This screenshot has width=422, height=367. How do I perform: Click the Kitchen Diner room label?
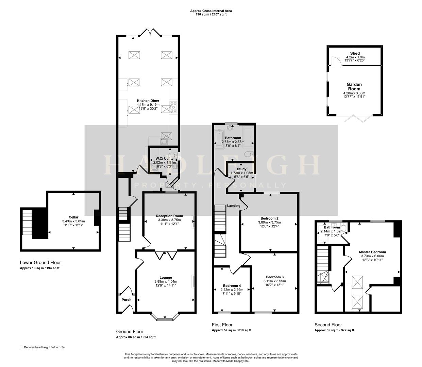tap(148, 101)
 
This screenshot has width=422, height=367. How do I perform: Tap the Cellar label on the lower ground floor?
tap(73, 217)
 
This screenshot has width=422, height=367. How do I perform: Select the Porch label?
tap(126, 300)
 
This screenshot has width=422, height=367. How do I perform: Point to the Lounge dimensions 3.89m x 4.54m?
tap(166, 281)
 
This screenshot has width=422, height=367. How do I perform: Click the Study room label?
tap(241, 169)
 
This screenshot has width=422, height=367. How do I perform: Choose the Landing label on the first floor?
tap(234, 206)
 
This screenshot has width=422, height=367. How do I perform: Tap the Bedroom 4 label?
tap(232, 285)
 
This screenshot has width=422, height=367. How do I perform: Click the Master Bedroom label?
tap(372, 252)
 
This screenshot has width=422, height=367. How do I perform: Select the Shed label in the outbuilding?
tap(355, 53)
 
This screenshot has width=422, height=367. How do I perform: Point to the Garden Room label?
tap(354, 87)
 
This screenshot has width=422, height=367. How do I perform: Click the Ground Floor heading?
tap(130, 332)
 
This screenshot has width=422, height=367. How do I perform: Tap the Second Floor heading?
tap(328, 325)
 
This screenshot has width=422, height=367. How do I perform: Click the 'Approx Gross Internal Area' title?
tap(211, 11)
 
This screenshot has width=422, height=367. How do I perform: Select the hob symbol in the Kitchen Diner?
tap(173, 107)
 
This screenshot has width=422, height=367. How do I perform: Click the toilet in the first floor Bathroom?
tap(248, 154)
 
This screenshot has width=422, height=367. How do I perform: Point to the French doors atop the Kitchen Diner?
tap(150, 32)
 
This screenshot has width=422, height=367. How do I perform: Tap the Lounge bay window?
tap(165, 317)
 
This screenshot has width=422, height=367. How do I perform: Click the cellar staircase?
tap(27, 222)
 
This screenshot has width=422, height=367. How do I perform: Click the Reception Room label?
tap(169, 216)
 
